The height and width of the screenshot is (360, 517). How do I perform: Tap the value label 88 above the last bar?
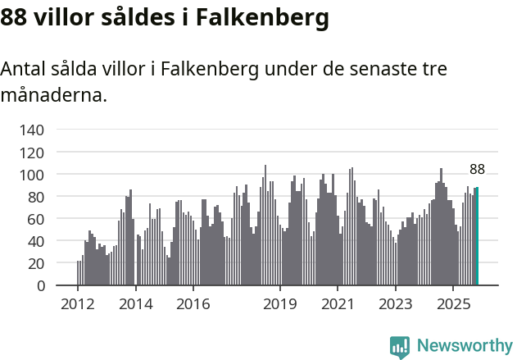(x=477, y=170)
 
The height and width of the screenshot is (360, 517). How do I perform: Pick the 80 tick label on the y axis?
(x=36, y=197)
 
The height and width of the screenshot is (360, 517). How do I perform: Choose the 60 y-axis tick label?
(x=36, y=219)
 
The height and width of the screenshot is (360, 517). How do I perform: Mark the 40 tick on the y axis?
(x=36, y=241)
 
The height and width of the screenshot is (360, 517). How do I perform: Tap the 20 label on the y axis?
(x=36, y=263)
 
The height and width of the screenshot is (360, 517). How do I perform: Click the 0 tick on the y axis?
(x=40, y=285)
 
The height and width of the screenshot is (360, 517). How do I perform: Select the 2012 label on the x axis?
(x=78, y=304)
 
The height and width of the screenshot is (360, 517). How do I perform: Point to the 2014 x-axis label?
(x=135, y=304)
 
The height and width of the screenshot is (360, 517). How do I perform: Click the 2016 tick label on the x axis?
(x=193, y=304)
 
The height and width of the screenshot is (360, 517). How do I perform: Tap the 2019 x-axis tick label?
(x=280, y=304)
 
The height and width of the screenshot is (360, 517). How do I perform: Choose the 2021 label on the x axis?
(x=338, y=304)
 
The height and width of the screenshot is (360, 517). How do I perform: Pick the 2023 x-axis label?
(x=395, y=304)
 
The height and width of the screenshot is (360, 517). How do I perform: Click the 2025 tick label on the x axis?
(x=453, y=304)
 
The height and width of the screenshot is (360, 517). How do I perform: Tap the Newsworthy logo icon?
(x=400, y=347)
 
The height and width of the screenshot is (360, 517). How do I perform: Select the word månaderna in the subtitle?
(x=52, y=95)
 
